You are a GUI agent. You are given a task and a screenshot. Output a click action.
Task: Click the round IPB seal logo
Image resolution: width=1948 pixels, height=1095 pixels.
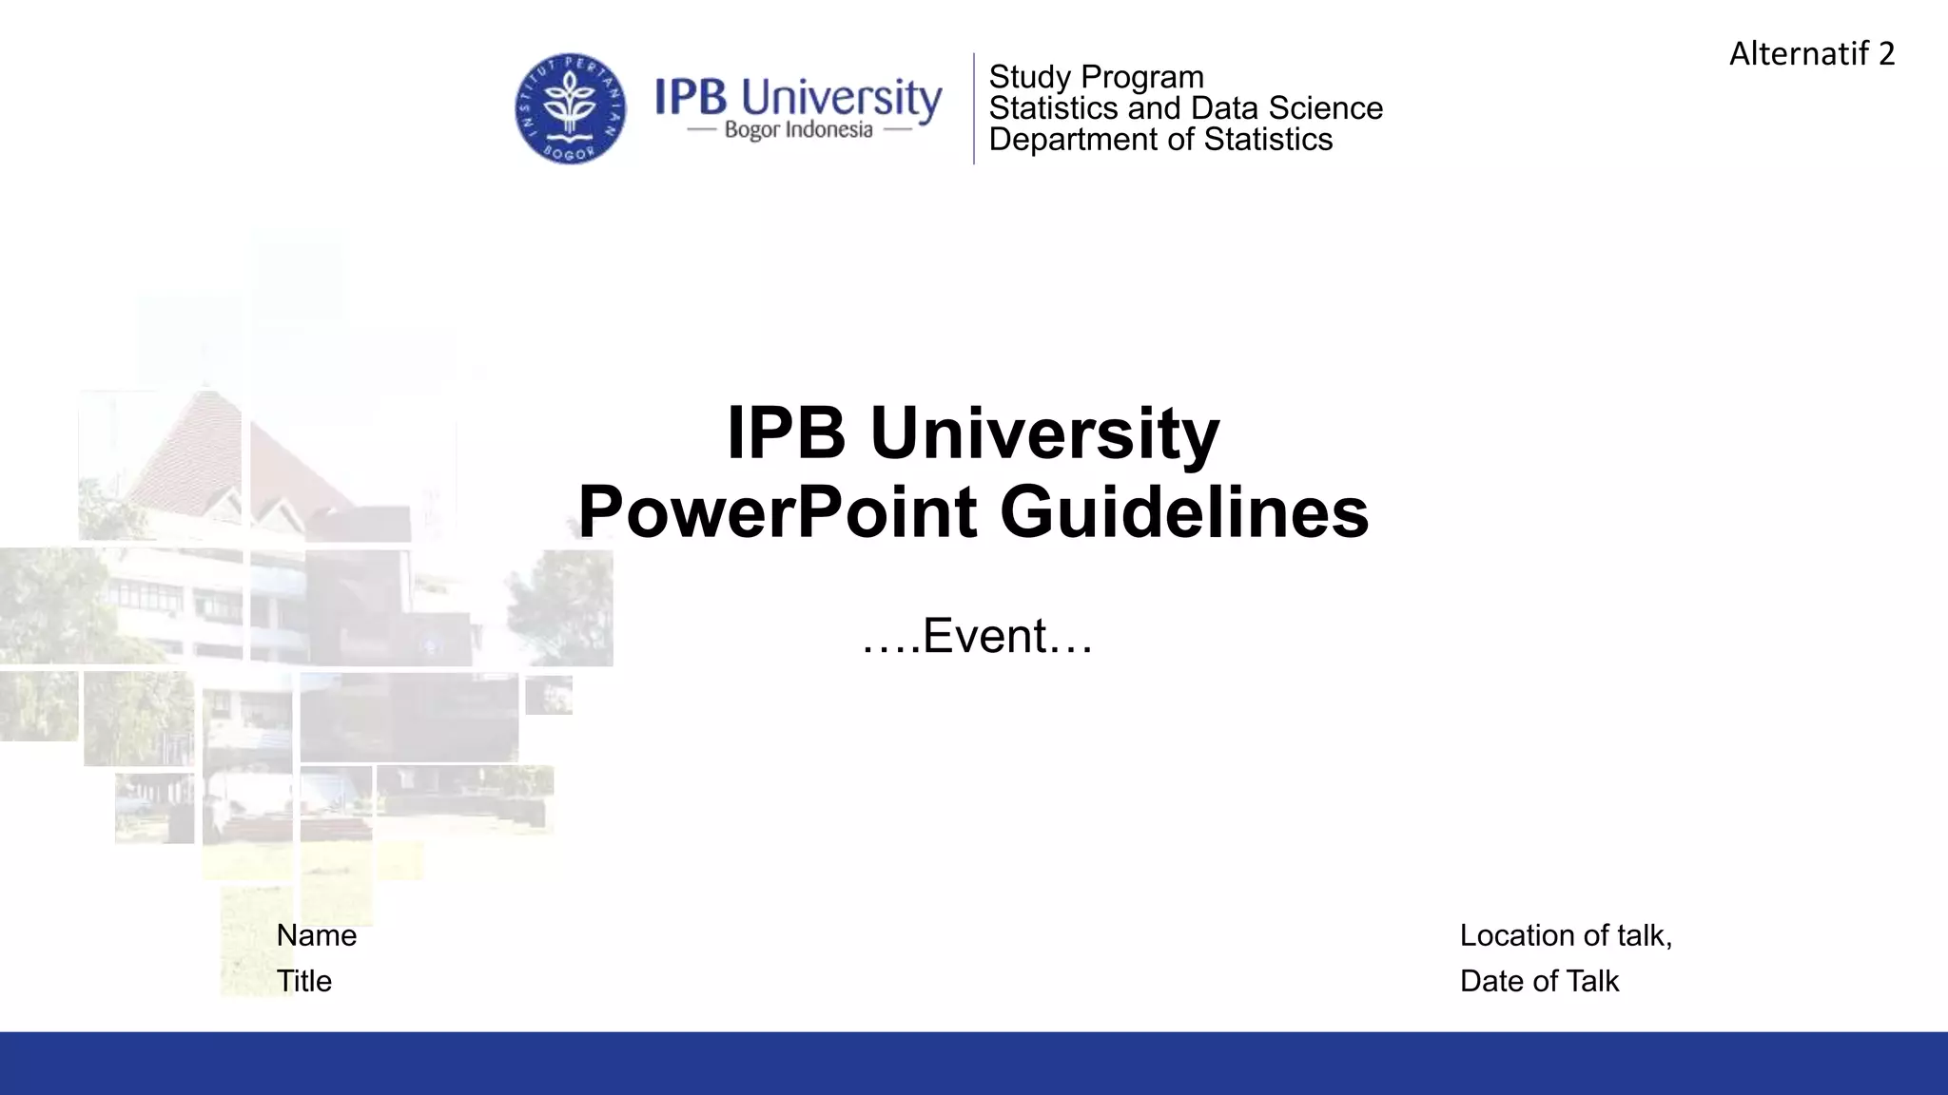tap(571, 108)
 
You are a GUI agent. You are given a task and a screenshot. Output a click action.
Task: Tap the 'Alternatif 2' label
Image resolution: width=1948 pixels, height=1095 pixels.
tap(1811, 53)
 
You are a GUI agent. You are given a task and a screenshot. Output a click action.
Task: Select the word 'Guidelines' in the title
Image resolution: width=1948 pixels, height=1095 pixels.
tap(1184, 513)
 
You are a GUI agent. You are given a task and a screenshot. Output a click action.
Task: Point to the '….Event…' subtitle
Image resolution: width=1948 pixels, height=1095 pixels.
tap(977, 636)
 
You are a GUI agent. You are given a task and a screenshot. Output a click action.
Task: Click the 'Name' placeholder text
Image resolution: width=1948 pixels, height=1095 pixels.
tap(317, 935)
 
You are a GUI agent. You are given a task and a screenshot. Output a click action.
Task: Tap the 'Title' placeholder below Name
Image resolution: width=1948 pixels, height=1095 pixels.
tap(304, 981)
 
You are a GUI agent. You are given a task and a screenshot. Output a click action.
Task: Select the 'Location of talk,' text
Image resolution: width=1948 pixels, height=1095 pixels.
tap(1566, 935)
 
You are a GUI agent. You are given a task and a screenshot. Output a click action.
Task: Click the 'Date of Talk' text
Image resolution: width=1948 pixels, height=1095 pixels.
tap(1539, 981)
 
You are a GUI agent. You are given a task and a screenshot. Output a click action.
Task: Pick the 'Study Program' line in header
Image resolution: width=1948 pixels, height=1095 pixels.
tap(1096, 77)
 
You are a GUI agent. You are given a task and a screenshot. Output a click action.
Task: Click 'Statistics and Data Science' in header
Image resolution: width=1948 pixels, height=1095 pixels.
tap(1185, 108)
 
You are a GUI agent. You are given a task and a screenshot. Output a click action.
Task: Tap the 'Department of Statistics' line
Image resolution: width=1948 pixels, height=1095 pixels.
tap(1160, 140)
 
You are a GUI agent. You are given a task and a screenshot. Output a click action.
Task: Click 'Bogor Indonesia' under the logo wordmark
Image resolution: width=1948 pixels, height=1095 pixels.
tap(798, 130)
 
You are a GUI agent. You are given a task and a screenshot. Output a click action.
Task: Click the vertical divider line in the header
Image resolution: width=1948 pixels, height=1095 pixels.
tap(974, 108)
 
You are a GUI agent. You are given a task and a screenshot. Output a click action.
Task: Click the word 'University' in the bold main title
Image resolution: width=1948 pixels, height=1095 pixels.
tap(1043, 433)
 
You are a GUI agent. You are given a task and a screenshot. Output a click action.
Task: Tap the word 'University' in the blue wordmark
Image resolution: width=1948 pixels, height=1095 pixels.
tap(841, 98)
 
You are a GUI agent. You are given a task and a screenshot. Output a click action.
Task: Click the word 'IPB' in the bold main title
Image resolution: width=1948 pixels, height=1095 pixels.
tap(786, 433)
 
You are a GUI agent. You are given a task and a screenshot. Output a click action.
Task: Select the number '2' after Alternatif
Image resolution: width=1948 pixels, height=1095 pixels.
tap(1886, 53)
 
